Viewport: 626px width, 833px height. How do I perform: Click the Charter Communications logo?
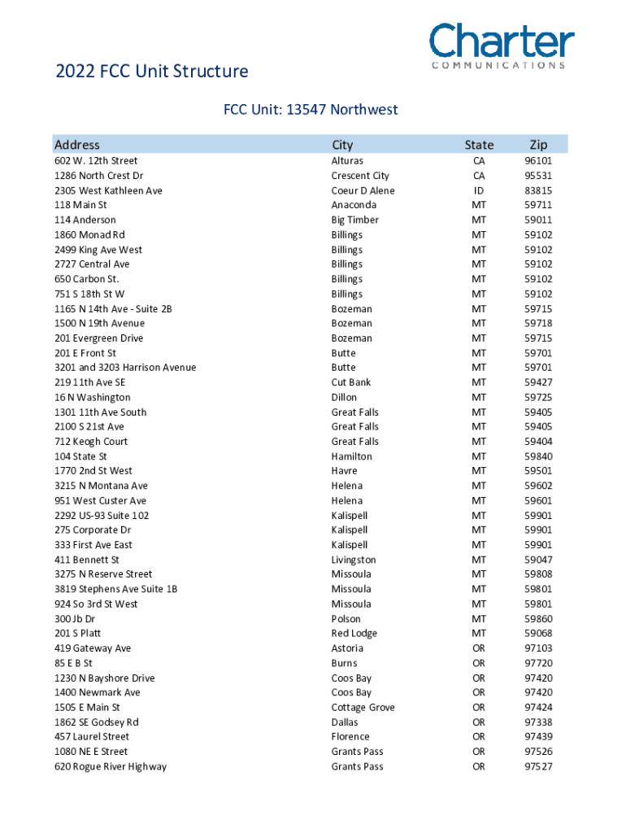pos(502,46)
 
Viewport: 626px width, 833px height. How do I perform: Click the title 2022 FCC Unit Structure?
pos(151,72)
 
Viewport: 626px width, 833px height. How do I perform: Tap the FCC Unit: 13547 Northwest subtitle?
pos(311,109)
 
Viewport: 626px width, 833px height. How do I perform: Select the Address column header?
pos(76,145)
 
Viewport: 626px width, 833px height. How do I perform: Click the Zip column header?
pos(538,145)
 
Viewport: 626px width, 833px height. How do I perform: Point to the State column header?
pos(479,145)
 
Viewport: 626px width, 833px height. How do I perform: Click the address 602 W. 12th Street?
pos(96,161)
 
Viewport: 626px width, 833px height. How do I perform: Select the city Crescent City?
pos(360,176)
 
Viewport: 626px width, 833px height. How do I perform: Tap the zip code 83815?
pos(538,190)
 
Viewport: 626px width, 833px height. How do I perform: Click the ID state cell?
pos(479,190)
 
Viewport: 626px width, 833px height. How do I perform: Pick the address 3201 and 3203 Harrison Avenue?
pos(125,368)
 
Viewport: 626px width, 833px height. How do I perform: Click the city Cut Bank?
pos(351,382)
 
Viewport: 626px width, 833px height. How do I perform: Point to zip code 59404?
pos(538,442)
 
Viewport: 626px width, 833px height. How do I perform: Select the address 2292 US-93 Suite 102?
pos(102,516)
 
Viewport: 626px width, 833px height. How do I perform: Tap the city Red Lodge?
pos(354,634)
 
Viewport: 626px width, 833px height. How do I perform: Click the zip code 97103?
pos(538,648)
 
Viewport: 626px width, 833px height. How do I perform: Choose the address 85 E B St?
pos(73,663)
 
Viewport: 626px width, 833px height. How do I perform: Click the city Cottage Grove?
pos(363,708)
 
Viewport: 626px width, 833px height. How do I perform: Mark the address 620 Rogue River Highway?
pos(111,766)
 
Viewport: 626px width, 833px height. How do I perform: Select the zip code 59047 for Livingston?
pos(538,560)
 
